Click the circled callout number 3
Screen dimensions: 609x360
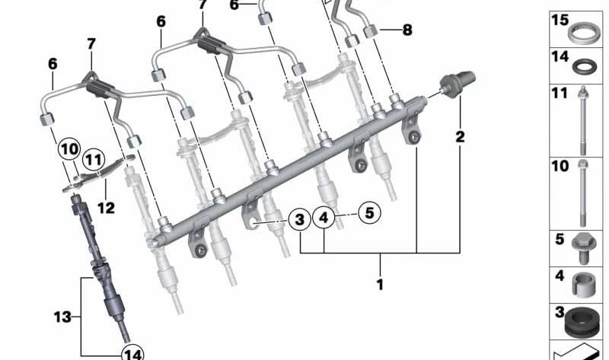[299, 220]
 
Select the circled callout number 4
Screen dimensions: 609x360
[324, 218]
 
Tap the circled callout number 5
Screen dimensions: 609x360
[369, 213]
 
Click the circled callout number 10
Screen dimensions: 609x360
[69, 149]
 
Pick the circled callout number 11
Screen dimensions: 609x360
[94, 160]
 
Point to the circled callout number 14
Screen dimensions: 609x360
[132, 353]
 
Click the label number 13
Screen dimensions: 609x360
[62, 317]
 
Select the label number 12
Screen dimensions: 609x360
[106, 208]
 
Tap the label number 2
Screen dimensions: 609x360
[460, 137]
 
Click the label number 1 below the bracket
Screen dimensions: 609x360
[380, 285]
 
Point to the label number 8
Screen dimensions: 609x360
[407, 30]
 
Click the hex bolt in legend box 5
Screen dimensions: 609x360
[582, 248]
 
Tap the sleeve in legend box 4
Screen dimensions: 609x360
[585, 285]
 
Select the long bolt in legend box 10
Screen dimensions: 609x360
[582, 193]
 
